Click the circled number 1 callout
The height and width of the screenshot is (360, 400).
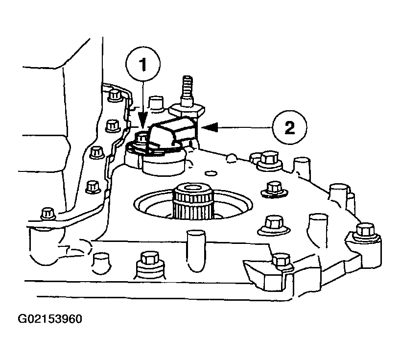(143, 64)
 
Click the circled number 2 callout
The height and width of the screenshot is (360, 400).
(289, 127)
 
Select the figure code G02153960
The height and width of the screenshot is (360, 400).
(50, 319)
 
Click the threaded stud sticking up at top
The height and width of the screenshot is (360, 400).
(187, 91)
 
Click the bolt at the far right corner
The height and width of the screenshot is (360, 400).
(365, 232)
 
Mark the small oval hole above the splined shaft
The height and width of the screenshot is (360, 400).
(211, 173)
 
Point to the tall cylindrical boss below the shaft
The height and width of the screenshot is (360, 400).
(196, 251)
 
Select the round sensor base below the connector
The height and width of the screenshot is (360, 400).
(163, 163)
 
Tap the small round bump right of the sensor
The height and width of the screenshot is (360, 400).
(231, 158)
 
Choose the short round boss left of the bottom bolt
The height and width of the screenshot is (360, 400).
(101, 263)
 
